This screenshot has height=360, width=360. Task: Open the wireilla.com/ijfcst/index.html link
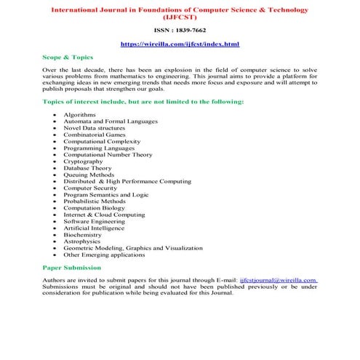(180, 44)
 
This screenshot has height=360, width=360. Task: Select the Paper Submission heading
(71, 268)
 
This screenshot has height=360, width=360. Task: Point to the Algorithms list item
(79, 115)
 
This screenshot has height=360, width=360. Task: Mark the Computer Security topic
(90, 188)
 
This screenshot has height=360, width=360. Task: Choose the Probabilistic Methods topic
(94, 201)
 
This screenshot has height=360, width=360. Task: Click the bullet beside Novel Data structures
(54, 128)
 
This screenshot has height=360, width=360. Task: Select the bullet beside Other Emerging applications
(54, 255)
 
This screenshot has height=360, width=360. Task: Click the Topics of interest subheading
(143, 101)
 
